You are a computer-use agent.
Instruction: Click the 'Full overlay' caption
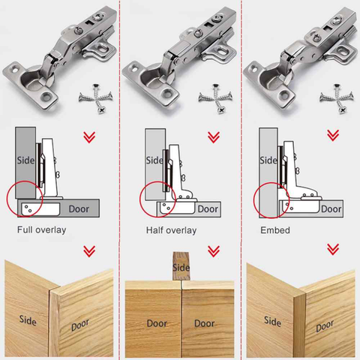(x=41, y=229)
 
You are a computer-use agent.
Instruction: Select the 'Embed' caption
(x=275, y=229)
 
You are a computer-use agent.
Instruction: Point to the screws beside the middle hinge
(x=212, y=97)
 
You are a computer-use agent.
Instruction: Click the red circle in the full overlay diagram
(x=25, y=199)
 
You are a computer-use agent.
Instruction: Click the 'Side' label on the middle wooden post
(x=181, y=267)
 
